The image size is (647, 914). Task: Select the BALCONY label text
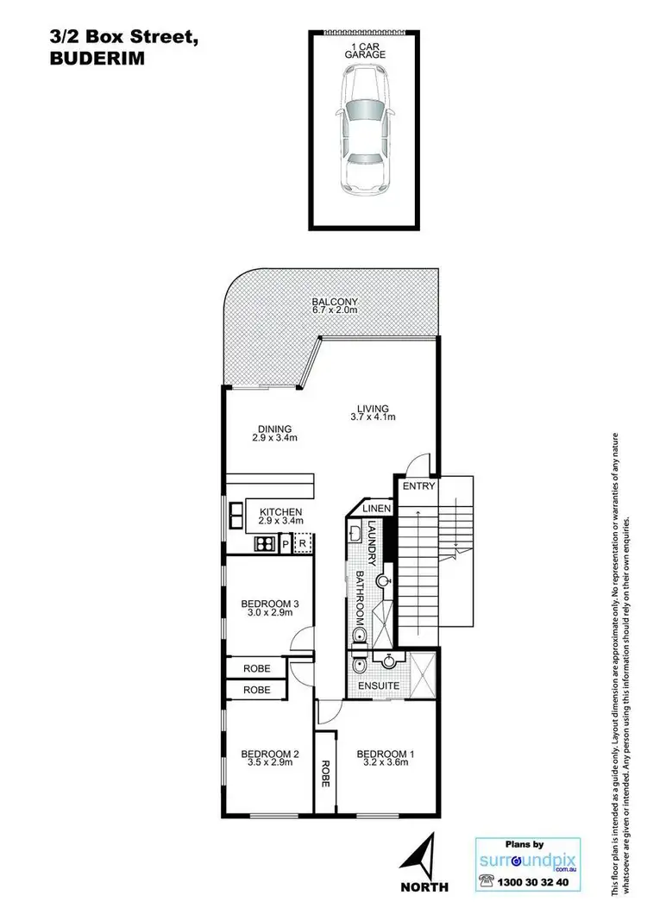coord(335,307)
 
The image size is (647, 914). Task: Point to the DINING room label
coord(273,433)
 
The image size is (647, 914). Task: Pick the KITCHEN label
coord(280,516)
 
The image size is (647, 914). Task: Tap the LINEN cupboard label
coord(377,510)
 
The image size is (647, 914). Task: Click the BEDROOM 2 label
coord(270,759)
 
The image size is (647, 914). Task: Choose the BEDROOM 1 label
coord(386,759)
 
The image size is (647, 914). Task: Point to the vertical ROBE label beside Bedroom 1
coord(325,770)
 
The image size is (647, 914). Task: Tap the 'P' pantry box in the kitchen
coord(284,544)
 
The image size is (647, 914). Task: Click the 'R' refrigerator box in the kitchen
coord(302,544)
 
